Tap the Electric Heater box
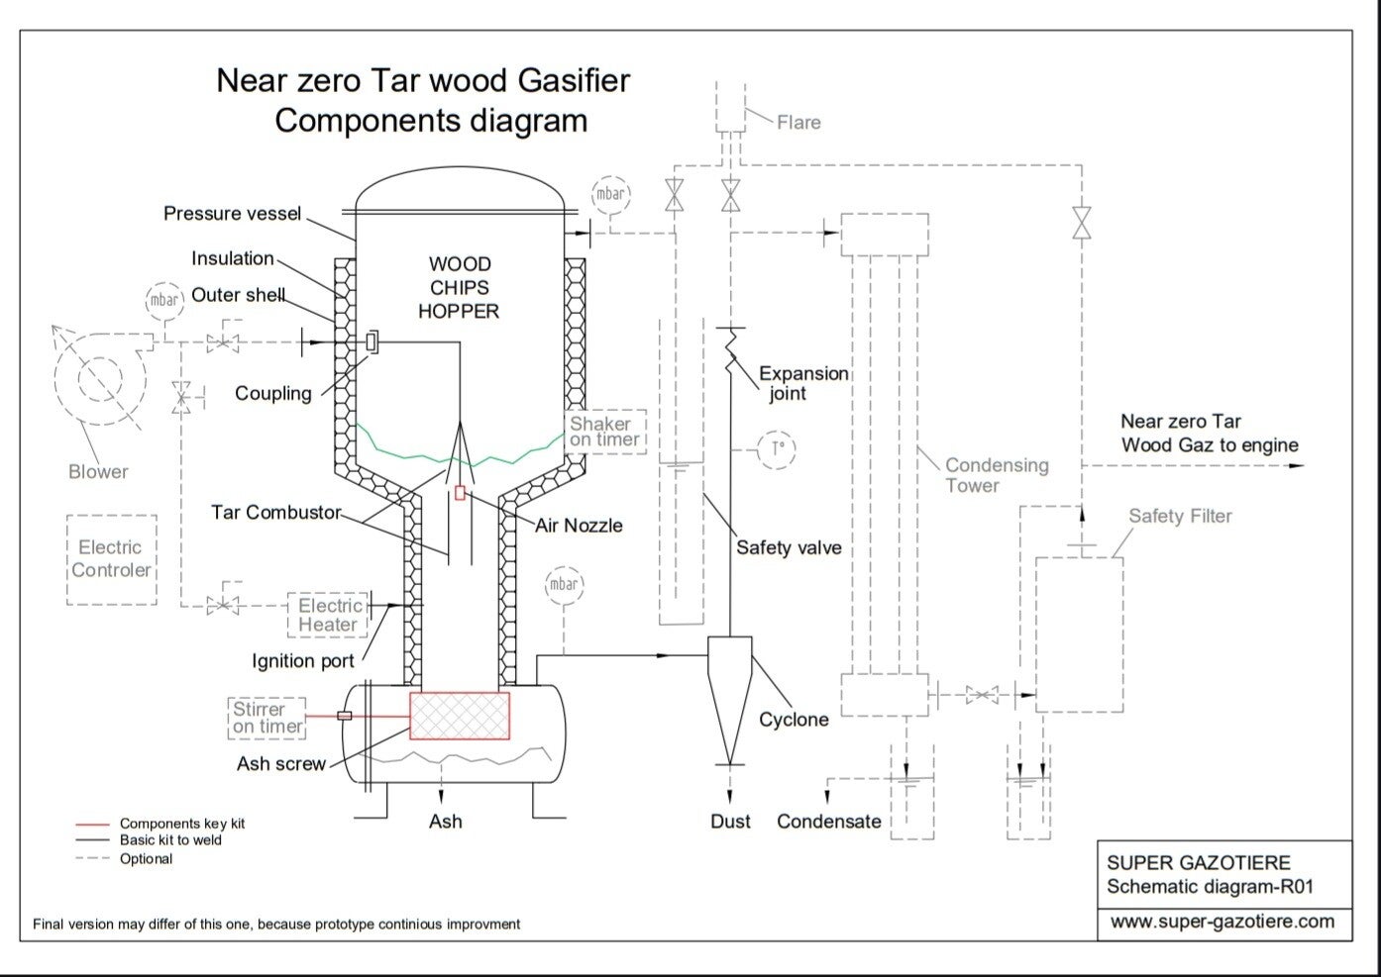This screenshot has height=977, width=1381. tap(328, 615)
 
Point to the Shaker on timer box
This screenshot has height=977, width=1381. tap(605, 432)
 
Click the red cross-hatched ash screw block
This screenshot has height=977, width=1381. tap(460, 716)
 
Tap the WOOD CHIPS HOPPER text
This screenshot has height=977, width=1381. tap(459, 288)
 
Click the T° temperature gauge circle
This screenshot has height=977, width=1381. tap(778, 447)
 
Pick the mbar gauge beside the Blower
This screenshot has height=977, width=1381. tap(164, 300)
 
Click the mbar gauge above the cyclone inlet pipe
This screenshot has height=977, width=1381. tap(563, 584)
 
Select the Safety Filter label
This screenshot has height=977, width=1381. tap(1180, 516)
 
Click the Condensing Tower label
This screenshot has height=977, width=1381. tap(995, 475)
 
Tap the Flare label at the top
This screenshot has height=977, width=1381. tap(798, 123)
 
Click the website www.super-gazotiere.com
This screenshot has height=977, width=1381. tap(1222, 922)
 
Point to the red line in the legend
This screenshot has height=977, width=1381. tap(92, 824)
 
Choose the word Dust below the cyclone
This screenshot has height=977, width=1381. tap(730, 822)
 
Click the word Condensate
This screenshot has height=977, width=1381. tap(828, 822)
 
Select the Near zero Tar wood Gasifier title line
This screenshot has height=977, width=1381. tap(423, 80)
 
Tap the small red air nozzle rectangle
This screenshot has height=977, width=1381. tap(460, 492)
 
